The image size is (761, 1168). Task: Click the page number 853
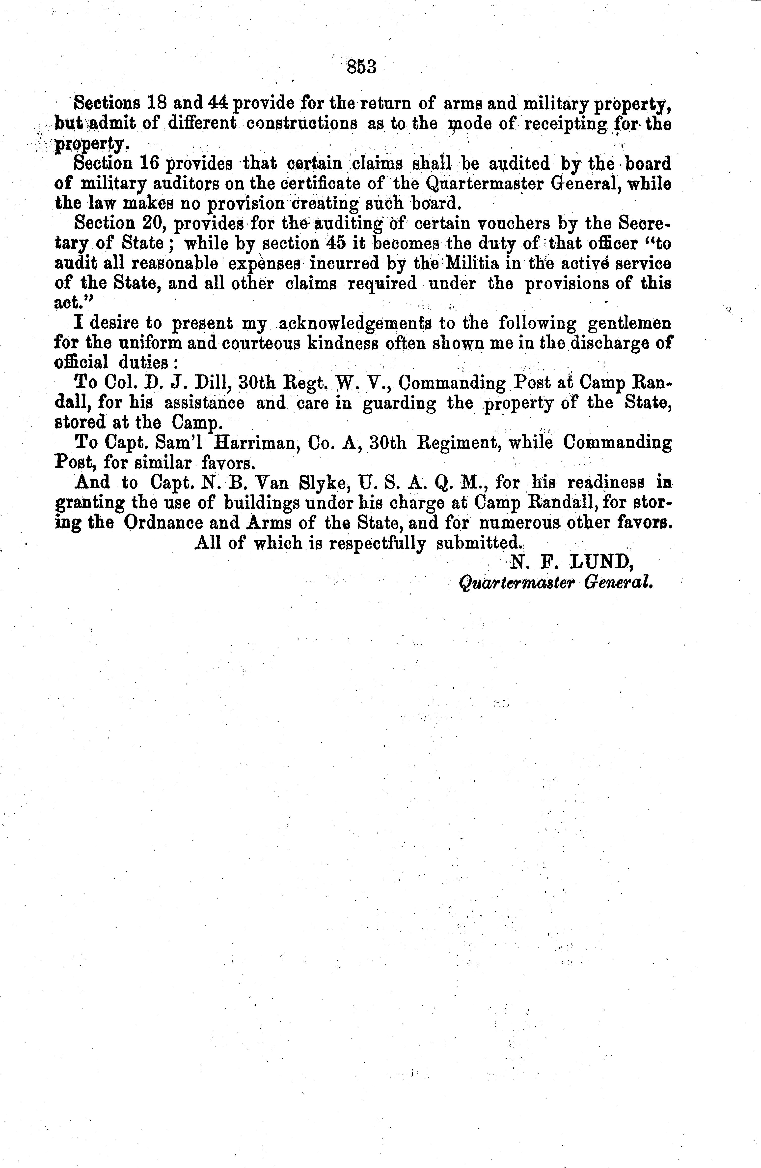tap(361, 66)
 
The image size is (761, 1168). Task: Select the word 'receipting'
tap(566, 124)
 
